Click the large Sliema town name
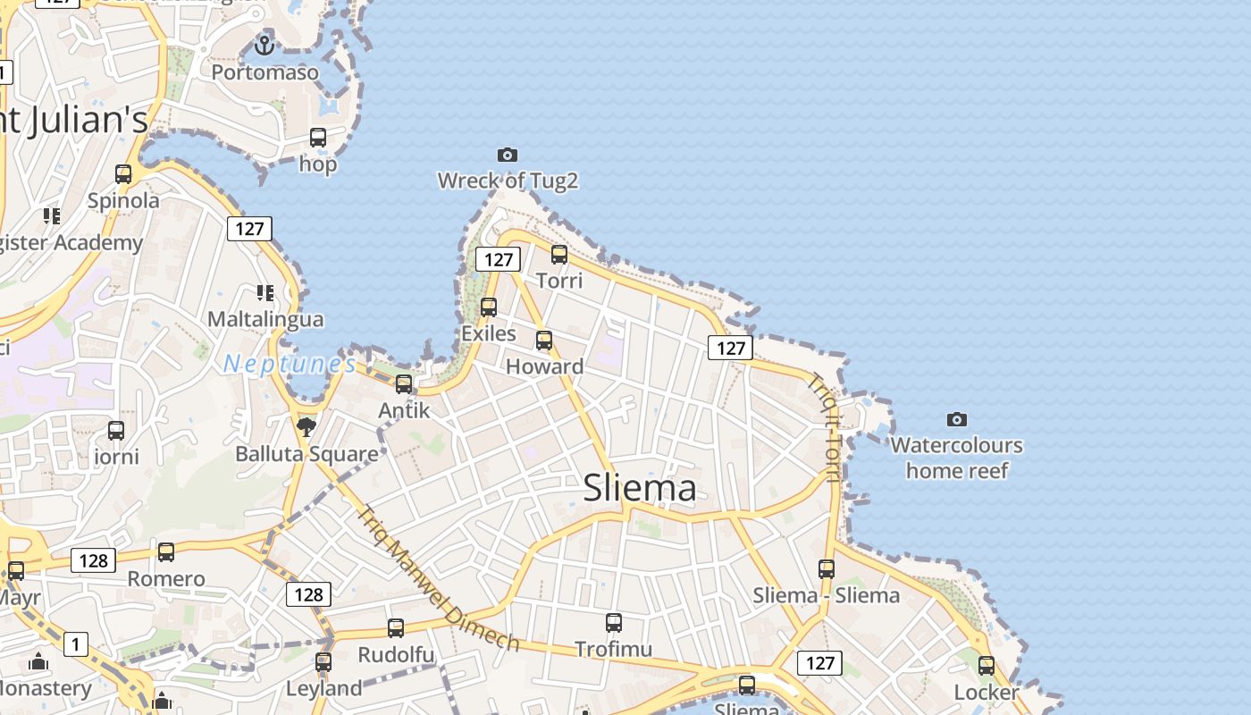[639, 488]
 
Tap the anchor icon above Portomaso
[264, 44]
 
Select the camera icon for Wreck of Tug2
[507, 155]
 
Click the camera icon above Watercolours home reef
[956, 419]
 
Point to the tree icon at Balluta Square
[306, 426]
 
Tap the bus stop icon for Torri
[559, 255]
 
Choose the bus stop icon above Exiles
[489, 307]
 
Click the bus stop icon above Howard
[544, 341]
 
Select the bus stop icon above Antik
[404, 384]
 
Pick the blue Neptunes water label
[290, 364]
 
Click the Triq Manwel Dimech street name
[437, 578]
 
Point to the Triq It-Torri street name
[824, 426]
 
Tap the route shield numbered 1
[76, 643]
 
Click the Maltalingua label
[265, 319]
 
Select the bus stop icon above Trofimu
[614, 623]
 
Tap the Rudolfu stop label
[396, 655]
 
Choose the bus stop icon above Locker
[987, 666]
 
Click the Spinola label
[123, 200]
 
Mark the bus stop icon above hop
[318, 138]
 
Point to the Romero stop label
[166, 579]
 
